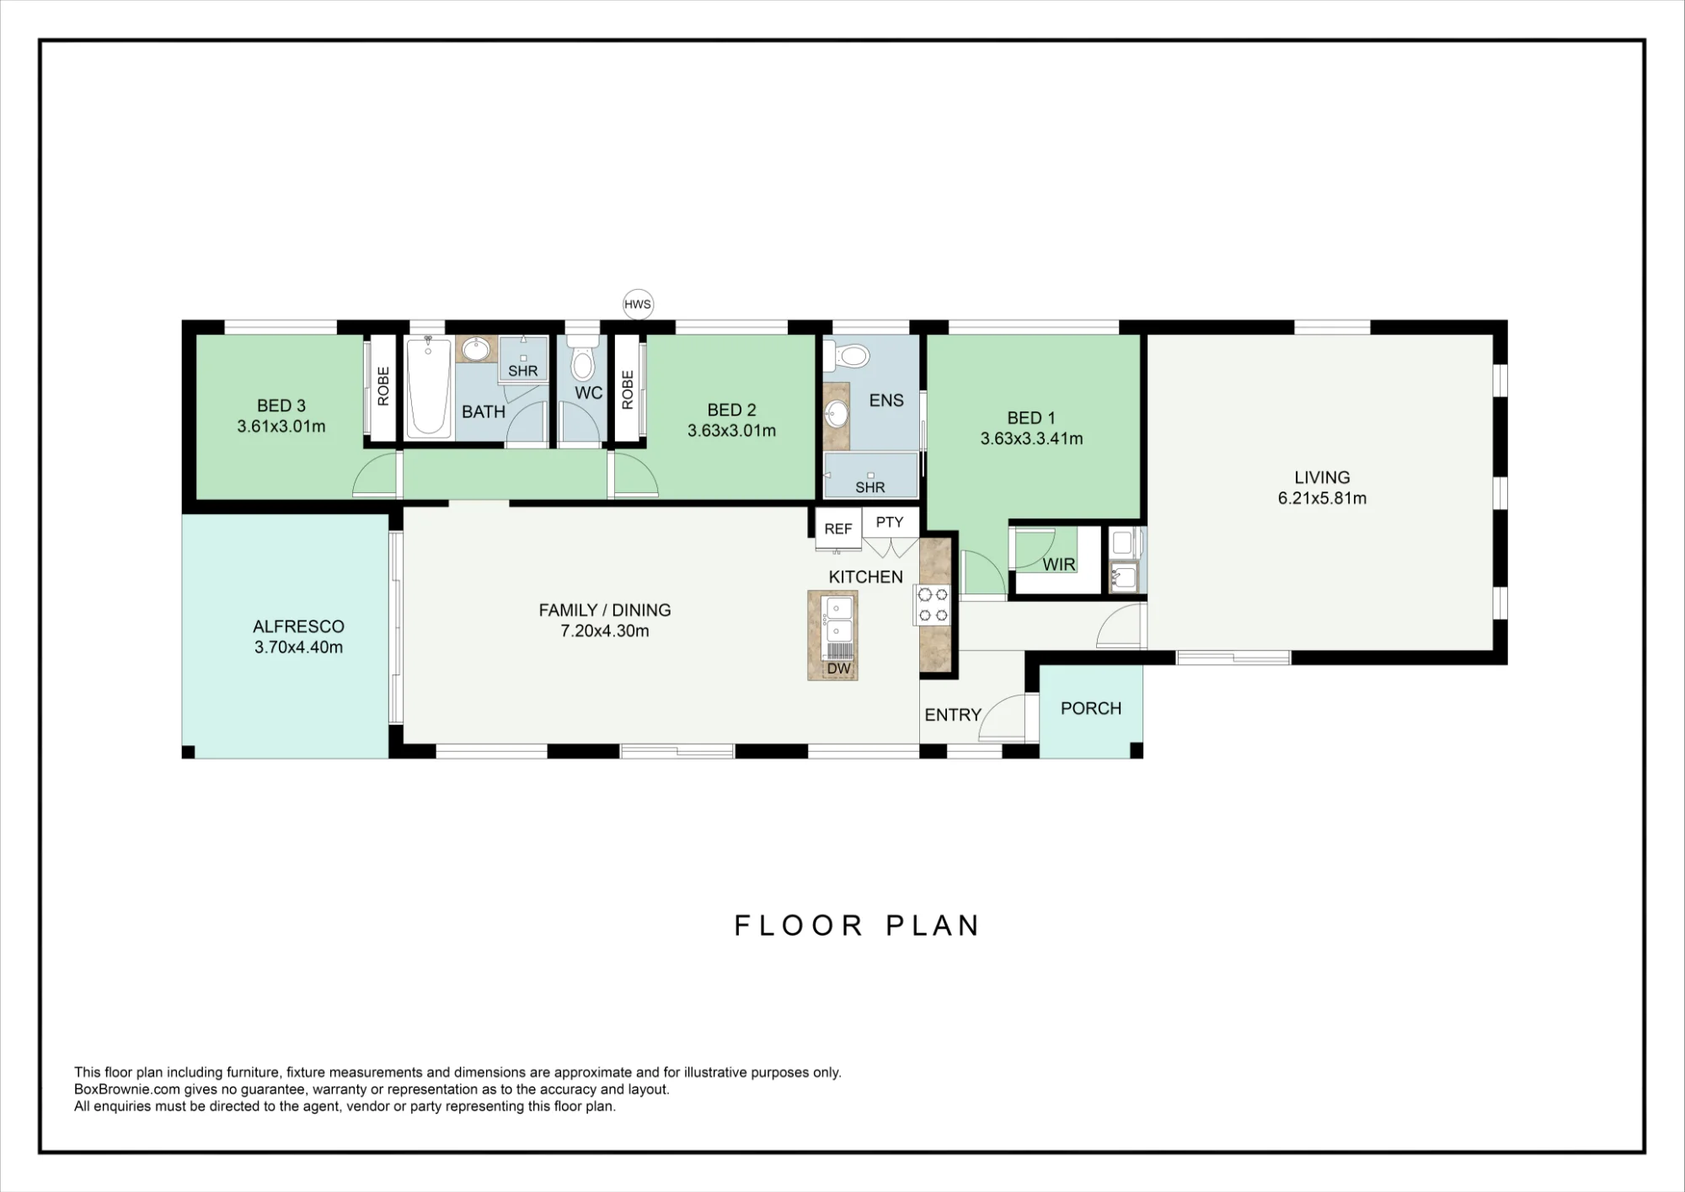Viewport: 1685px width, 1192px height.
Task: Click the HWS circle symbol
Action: pos(638,304)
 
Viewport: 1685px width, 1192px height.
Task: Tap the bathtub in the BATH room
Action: pos(428,387)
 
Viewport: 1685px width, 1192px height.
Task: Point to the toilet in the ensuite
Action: pos(846,356)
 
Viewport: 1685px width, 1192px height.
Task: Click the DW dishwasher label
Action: pos(839,668)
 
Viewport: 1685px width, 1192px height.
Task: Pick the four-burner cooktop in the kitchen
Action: pos(932,604)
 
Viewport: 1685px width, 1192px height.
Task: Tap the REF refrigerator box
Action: pos(838,529)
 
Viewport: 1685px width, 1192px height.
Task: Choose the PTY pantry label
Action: pos(890,522)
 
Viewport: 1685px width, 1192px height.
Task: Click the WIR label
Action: pos(1059,565)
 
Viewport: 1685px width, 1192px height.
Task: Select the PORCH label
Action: pos(1091,709)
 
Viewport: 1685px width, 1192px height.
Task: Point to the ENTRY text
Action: pos(953,715)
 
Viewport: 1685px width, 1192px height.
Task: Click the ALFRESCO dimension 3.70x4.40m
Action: pos(298,647)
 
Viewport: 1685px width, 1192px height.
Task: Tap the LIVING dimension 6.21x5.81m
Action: pos(1322,498)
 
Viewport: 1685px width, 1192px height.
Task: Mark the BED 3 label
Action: pos(281,405)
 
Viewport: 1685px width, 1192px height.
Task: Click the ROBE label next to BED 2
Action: pos(628,390)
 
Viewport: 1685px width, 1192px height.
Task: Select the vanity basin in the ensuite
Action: pos(837,414)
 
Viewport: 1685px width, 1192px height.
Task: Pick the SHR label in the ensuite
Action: pos(870,487)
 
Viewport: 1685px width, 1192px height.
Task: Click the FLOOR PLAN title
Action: pos(857,926)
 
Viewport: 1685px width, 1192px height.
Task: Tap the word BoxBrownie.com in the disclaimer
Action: pos(127,1089)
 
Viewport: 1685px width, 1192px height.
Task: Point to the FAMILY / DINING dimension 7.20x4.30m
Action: pos(605,631)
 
